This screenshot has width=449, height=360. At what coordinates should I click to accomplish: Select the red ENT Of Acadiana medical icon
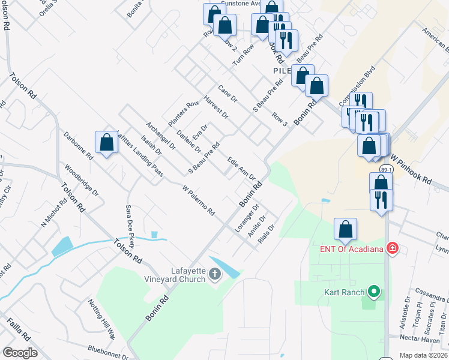pyautogui.click(x=393, y=248)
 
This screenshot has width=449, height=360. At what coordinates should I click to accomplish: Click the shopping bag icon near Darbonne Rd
pyautogui.click(x=106, y=143)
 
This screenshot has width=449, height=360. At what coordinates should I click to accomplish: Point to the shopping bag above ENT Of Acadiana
pyautogui.click(x=345, y=229)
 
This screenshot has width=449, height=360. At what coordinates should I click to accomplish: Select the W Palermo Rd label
pyautogui.click(x=198, y=200)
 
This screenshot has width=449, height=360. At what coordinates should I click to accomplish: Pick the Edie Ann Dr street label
pyautogui.click(x=241, y=169)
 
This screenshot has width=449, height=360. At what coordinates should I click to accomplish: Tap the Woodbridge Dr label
pyautogui.click(x=81, y=181)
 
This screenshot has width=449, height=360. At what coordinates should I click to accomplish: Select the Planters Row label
pyautogui.click(x=183, y=113)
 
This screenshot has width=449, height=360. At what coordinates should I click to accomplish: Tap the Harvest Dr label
pyautogui.click(x=216, y=107)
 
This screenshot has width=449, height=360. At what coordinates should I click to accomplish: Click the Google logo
pyautogui.click(x=20, y=353)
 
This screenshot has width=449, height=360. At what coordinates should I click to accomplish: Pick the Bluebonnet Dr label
pyautogui.click(x=107, y=355)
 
